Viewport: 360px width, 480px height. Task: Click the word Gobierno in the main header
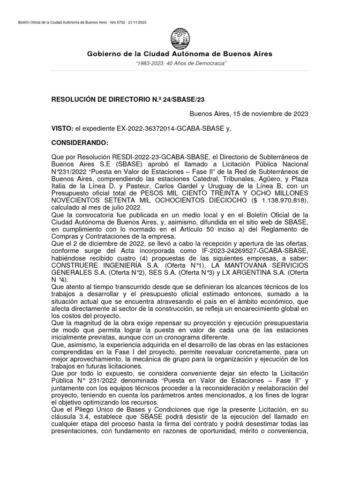104,54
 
